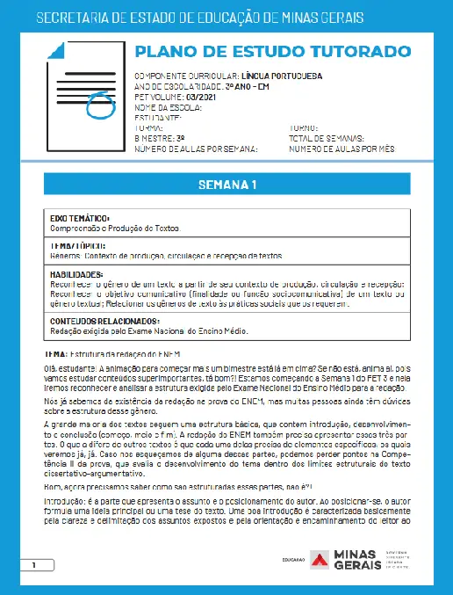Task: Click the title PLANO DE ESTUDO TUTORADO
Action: tap(272, 51)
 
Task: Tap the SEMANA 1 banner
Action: tap(226, 185)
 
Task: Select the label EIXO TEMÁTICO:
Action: tap(80, 218)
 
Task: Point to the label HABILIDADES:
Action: tap(77, 274)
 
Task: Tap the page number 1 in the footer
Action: tap(33, 564)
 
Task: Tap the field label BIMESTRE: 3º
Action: tap(159, 138)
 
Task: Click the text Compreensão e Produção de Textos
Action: tap(115, 229)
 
